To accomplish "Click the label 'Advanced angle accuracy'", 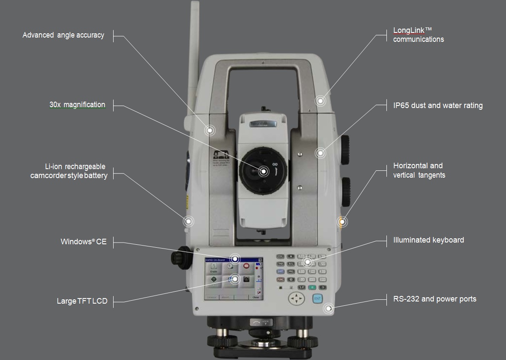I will click(63, 35).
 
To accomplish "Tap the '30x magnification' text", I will click(77, 105).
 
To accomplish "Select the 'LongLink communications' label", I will click(418, 35).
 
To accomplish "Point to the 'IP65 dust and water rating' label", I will click(438, 105).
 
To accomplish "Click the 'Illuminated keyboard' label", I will click(428, 240).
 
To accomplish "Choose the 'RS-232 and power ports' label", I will click(435, 299).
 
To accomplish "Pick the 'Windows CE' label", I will click(84, 242).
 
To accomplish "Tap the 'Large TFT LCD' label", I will click(82, 301).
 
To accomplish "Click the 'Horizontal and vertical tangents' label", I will click(419, 170).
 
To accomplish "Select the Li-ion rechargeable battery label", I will click(69, 171).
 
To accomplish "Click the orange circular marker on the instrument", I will click(342, 222).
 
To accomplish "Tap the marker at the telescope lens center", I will click(263, 171).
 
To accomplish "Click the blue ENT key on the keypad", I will click(317, 299).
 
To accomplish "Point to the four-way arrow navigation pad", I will click(296, 299).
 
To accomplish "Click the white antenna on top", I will click(195, 51).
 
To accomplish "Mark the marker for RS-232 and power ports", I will click(328, 308).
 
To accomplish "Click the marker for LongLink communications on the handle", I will click(320, 101).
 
